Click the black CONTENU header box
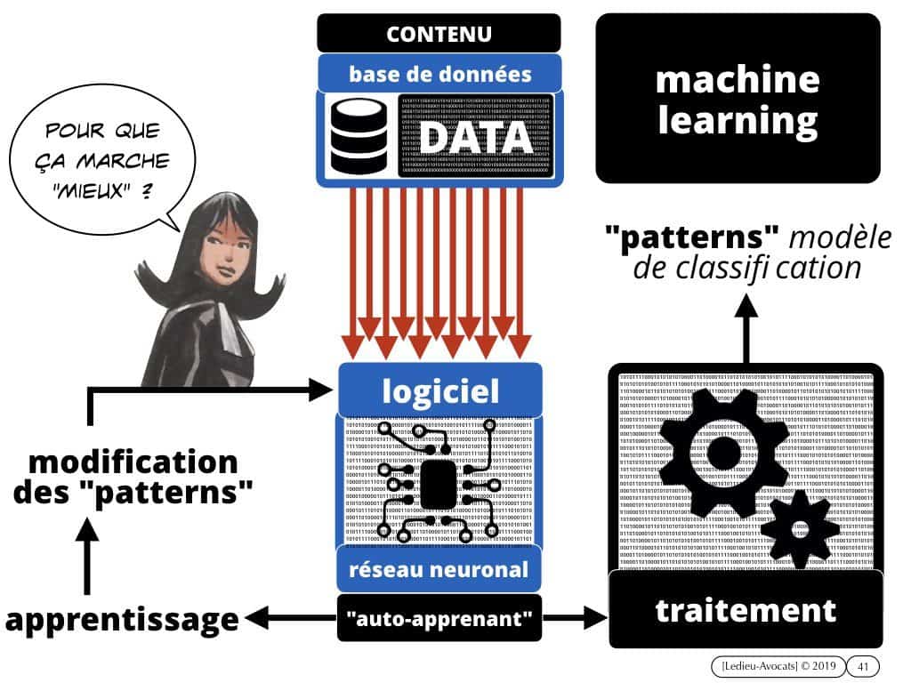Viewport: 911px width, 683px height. [439, 34]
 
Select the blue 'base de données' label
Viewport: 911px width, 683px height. [439, 73]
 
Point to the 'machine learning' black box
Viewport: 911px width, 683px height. [737, 99]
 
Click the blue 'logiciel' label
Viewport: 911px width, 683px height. [439, 390]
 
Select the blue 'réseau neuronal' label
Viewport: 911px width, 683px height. [439, 570]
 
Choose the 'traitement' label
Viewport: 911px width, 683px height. [746, 610]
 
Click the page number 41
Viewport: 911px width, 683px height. [861, 665]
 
